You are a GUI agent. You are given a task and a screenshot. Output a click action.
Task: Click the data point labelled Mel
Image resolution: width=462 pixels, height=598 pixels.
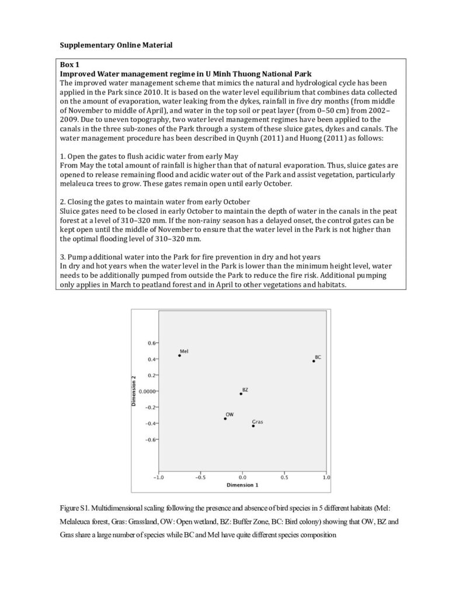[179, 356]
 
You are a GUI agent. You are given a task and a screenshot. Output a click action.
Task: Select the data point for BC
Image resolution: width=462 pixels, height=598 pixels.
[314, 361]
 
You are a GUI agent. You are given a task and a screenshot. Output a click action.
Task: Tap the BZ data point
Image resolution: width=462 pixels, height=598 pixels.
[241, 394]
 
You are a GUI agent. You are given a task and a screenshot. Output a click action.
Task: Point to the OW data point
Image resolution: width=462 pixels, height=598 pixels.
[225, 419]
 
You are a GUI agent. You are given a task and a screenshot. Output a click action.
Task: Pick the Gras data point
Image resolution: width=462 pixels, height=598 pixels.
[253, 426]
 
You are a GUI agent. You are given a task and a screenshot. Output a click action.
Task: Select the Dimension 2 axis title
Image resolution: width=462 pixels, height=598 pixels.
[134, 391]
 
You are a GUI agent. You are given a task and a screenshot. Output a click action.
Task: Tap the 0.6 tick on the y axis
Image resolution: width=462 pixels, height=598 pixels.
[151, 343]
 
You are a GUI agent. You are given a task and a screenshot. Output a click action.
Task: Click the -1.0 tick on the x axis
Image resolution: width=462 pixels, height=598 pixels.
[158, 477]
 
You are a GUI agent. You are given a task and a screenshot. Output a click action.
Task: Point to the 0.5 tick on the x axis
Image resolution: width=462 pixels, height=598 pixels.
[284, 477]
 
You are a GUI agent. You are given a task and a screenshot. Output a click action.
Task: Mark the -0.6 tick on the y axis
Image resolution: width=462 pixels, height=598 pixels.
[151, 439]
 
